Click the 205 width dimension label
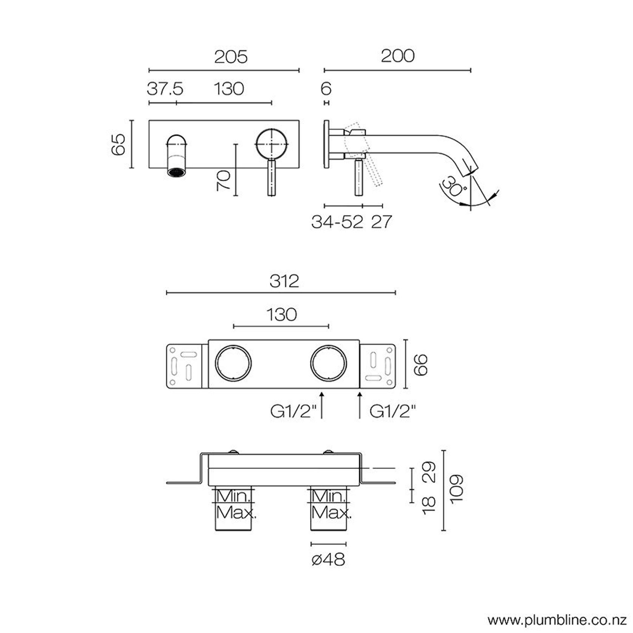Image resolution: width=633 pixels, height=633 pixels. coord(231,57)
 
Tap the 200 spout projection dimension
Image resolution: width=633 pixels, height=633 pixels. coord(397,56)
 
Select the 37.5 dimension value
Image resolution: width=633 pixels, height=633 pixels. coord(165,90)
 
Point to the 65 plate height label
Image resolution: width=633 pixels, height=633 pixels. coord(118,144)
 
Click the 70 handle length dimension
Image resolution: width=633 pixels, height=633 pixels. coord(224,180)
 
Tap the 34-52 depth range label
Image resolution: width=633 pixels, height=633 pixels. coord(337,222)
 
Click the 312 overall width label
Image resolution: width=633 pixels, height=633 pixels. coord(284,281)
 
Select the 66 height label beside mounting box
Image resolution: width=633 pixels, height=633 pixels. coord(420,364)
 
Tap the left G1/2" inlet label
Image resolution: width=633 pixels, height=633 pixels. coord(293,411)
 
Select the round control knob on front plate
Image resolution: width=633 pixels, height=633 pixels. coord(272,144)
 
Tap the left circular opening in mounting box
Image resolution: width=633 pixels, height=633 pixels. coord(233,363)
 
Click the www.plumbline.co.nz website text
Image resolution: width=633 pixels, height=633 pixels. coord(557,620)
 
